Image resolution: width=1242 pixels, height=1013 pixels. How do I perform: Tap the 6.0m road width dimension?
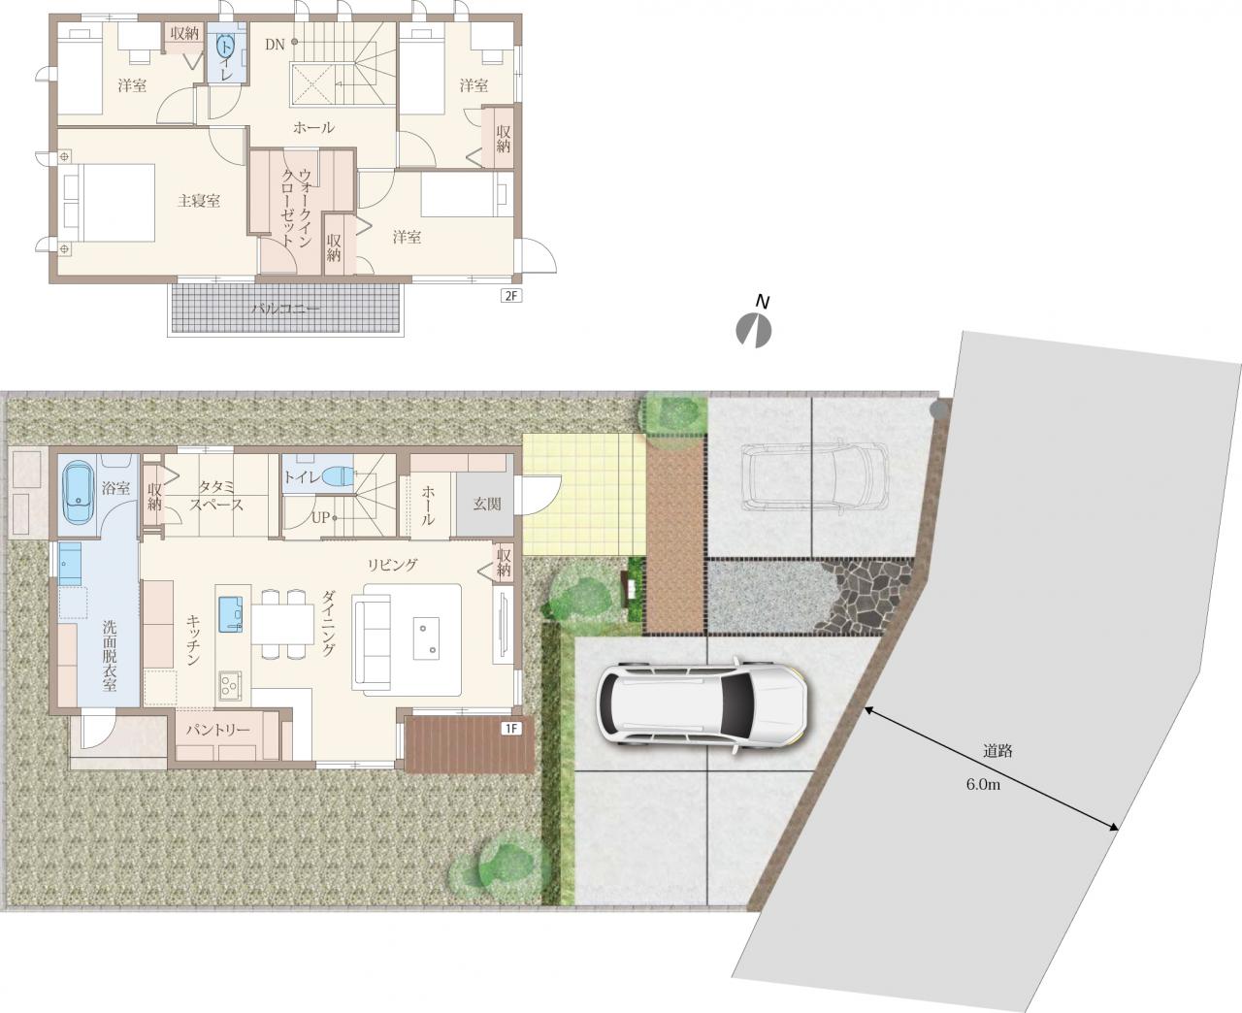(x=983, y=784)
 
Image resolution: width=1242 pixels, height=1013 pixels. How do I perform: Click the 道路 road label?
(x=997, y=751)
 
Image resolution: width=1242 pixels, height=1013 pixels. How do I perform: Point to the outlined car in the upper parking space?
(x=814, y=474)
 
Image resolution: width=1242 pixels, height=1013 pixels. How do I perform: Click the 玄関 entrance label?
(x=487, y=504)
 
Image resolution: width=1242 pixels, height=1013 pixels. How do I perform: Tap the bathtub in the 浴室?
(x=78, y=492)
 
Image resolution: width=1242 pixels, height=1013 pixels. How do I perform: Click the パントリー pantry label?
(x=218, y=731)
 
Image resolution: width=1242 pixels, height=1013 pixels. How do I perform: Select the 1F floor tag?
(x=511, y=729)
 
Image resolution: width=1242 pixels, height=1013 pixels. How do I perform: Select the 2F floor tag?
(x=511, y=295)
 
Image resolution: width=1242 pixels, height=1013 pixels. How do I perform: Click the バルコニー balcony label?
(x=285, y=309)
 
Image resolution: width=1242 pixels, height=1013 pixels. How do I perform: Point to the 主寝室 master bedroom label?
(x=199, y=201)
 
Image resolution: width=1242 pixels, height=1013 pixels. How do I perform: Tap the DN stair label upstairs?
(x=275, y=45)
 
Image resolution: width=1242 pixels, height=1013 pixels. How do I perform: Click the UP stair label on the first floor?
(x=321, y=518)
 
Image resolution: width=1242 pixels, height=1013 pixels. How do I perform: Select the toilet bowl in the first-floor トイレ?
(x=340, y=475)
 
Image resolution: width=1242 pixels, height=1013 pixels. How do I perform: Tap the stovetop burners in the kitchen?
(x=228, y=685)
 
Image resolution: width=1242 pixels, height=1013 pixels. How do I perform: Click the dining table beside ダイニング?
(x=283, y=624)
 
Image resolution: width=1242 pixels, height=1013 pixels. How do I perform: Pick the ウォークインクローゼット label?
(x=296, y=208)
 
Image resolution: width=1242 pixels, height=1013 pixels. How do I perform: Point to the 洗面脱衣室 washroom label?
(x=109, y=655)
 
